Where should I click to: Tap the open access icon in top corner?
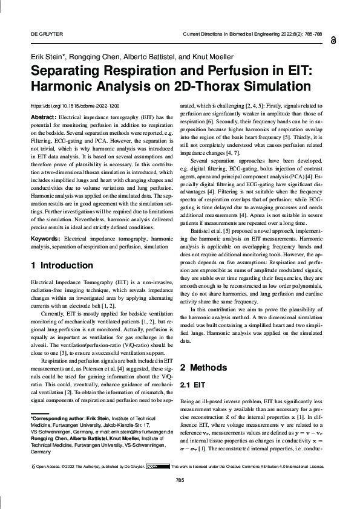point(334,40)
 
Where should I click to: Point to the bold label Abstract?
point(44,116)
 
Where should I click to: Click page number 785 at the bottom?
point(180,497)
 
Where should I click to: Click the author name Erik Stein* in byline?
point(48,56)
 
